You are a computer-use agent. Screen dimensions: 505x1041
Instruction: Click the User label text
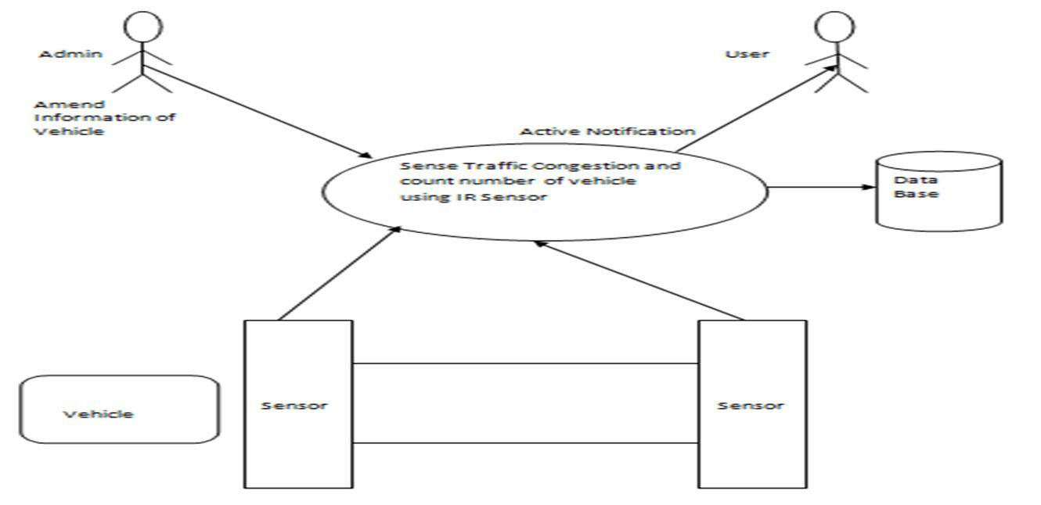point(747,54)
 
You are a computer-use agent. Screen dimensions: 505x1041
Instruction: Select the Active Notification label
point(607,131)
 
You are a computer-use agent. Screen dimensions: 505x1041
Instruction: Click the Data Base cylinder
point(938,192)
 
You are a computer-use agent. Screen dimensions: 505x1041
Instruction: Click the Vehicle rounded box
point(118,410)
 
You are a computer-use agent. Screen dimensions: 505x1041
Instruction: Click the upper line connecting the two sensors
point(525,364)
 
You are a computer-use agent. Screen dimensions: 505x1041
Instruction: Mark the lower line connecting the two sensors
point(525,443)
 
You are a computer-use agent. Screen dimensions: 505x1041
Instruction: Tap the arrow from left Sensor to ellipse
point(339,274)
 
